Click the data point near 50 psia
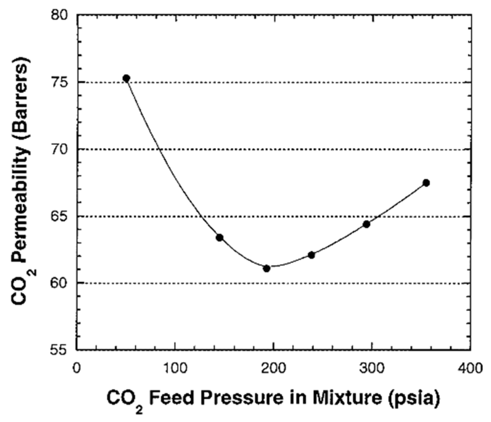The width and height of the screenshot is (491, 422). point(126,78)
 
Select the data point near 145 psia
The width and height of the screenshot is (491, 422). point(219,238)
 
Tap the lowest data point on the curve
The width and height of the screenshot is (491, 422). point(267,269)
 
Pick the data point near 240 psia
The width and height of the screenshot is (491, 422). point(311,255)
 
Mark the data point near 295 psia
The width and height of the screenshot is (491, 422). point(366,224)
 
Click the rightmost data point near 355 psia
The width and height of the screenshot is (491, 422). point(426,183)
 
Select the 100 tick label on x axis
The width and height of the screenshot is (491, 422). point(175,368)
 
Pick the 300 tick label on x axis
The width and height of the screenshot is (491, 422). point(372,368)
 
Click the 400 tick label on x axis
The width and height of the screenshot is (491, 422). point(471,368)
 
